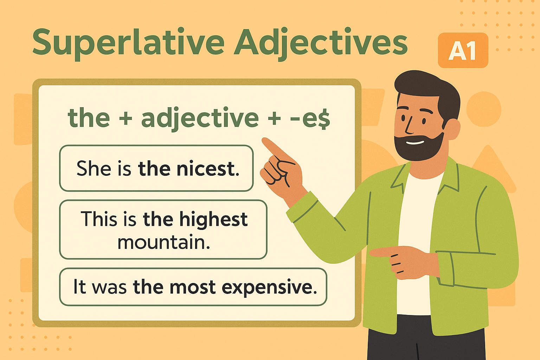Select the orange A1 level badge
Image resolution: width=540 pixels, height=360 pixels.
coord(463,50)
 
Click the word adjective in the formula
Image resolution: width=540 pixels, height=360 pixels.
coord(200,118)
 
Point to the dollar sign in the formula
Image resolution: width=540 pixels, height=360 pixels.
coord(323,118)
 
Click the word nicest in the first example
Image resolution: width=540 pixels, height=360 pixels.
coord(208,168)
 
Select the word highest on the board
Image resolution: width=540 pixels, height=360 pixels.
coord(214,219)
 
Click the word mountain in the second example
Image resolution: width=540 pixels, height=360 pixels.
coord(164,242)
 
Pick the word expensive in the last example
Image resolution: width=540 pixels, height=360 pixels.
coord(269,288)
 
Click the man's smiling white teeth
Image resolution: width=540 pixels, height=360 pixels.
coord(415,142)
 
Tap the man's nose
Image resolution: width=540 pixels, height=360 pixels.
coord(409,126)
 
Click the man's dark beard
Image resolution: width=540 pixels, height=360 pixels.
coord(419,147)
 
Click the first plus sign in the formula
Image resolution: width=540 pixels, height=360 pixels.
coord(126,118)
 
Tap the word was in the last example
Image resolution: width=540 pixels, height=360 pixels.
coord(109,288)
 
